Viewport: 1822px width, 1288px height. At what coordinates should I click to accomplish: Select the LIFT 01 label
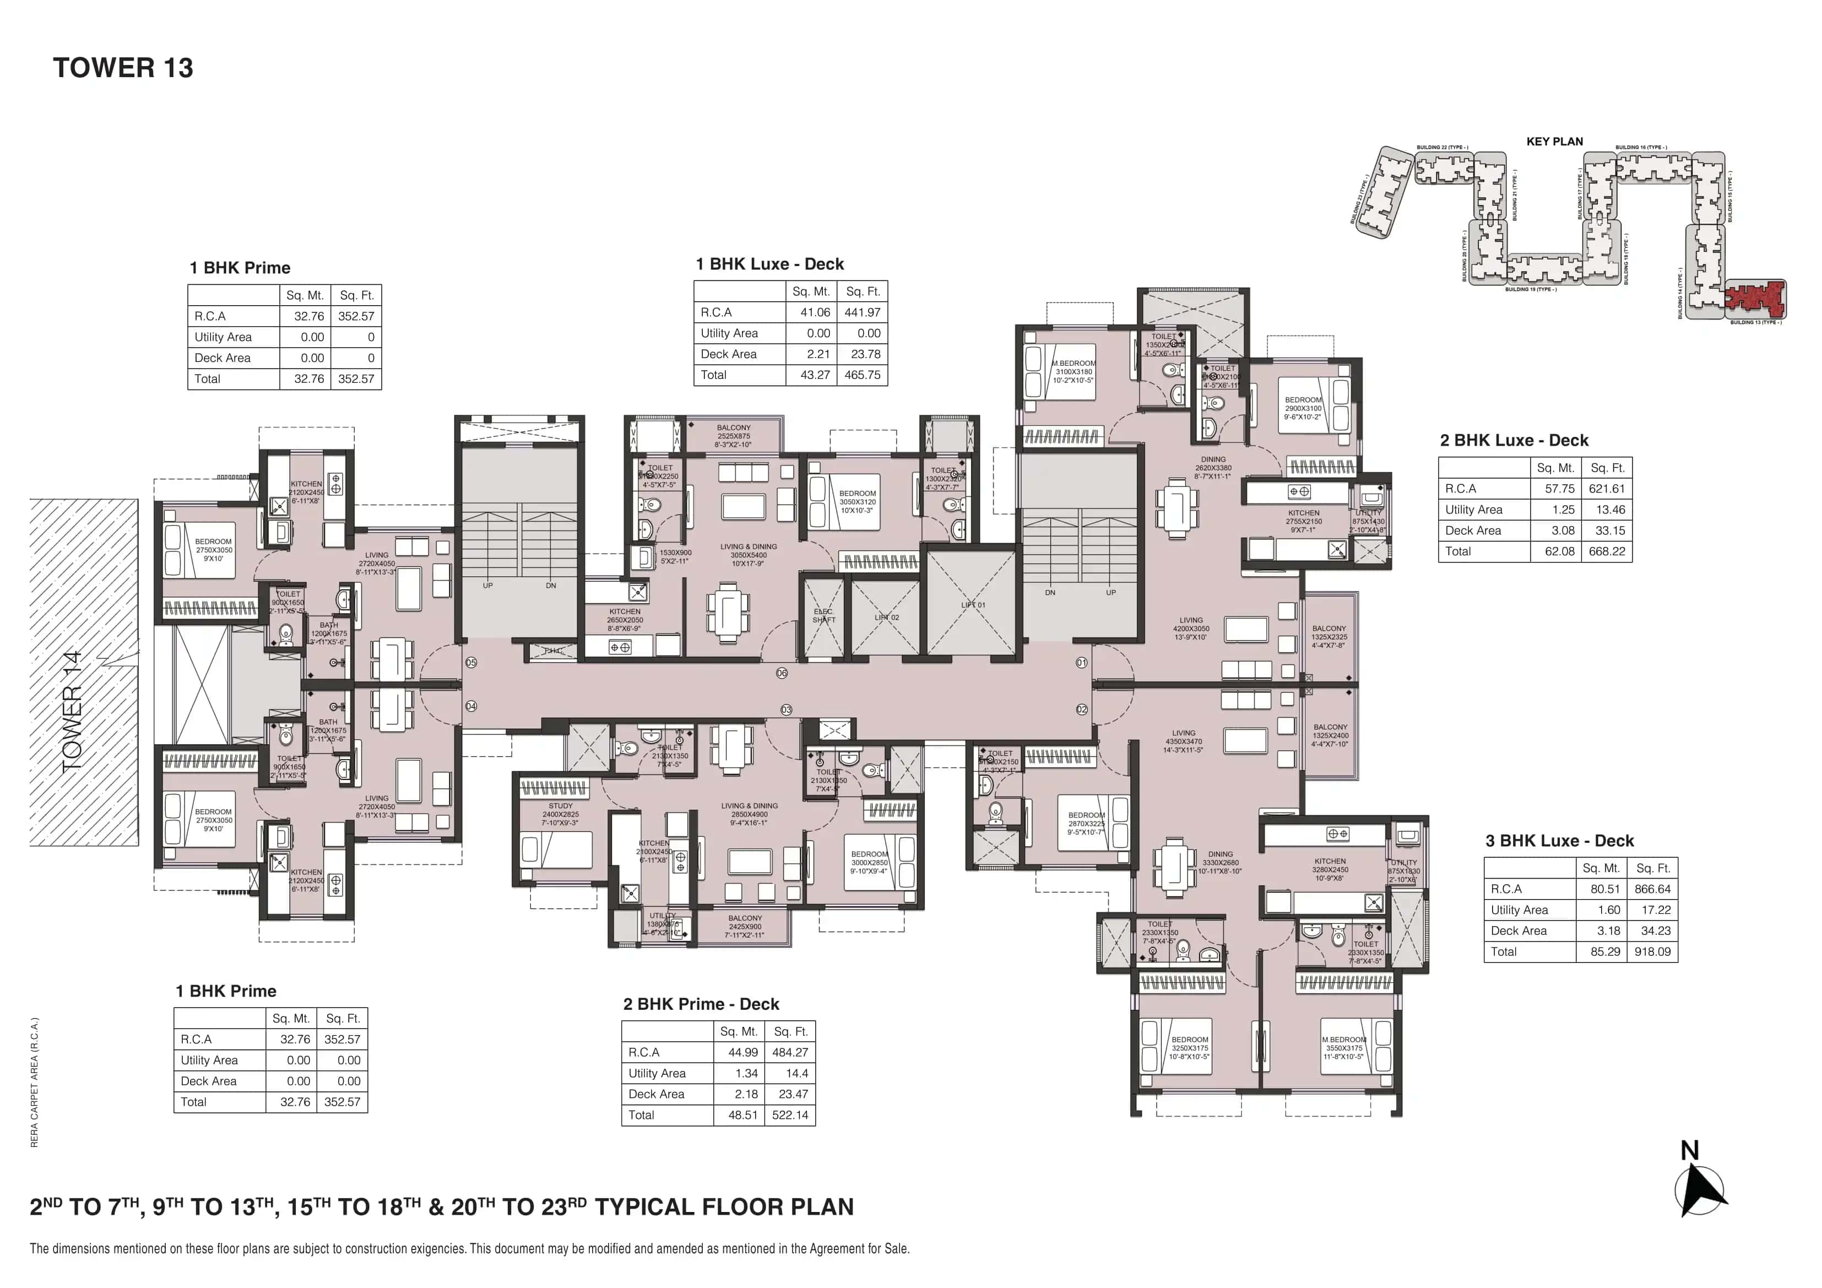pyautogui.click(x=973, y=605)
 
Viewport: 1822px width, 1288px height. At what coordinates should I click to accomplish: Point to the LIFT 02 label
pyautogui.click(x=886, y=618)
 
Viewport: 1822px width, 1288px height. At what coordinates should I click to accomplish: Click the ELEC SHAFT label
pyautogui.click(x=824, y=616)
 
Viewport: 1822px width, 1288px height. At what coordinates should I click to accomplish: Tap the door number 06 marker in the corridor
pyautogui.click(x=782, y=673)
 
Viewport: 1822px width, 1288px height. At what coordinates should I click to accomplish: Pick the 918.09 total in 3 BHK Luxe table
pyautogui.click(x=1652, y=951)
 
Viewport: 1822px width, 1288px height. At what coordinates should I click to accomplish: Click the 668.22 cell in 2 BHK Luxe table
pyautogui.click(x=1607, y=551)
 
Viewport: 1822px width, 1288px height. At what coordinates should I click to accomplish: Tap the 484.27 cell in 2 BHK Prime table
pyautogui.click(x=790, y=1052)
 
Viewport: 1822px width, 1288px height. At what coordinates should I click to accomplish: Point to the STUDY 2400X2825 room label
pyautogui.click(x=560, y=814)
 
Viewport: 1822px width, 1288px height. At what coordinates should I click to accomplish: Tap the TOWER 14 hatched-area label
pyautogui.click(x=72, y=710)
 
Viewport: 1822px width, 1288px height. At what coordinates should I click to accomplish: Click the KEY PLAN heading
pyautogui.click(x=1554, y=141)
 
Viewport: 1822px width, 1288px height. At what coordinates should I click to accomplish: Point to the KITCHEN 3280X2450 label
pyautogui.click(x=1330, y=869)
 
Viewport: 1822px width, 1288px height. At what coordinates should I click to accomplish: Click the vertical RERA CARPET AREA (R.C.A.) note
pyautogui.click(x=34, y=1081)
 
